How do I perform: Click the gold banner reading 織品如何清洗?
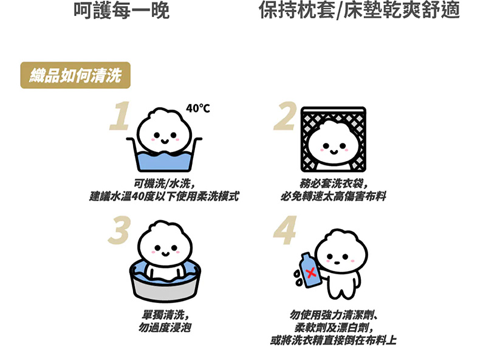click(x=75, y=75)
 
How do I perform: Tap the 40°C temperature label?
click(x=198, y=108)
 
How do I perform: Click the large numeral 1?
click(x=119, y=116)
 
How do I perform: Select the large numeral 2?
click(x=285, y=116)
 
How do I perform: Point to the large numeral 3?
click(x=119, y=230)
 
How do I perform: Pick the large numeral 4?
click(x=285, y=230)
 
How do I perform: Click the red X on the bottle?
click(x=311, y=273)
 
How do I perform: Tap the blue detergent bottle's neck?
click(x=306, y=257)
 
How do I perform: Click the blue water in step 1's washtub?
click(x=164, y=161)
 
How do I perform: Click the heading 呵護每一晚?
click(x=122, y=10)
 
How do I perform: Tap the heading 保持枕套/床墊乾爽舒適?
click(x=359, y=10)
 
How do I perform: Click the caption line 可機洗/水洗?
click(x=164, y=184)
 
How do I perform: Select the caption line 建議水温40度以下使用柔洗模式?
click(x=164, y=196)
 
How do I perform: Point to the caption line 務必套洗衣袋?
click(x=334, y=184)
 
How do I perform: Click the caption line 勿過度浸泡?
click(x=165, y=327)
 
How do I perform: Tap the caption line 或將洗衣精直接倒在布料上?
click(x=333, y=340)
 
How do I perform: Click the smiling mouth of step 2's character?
click(x=334, y=152)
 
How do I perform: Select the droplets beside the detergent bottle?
click(x=298, y=277)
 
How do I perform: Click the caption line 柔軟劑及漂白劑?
click(x=334, y=327)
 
